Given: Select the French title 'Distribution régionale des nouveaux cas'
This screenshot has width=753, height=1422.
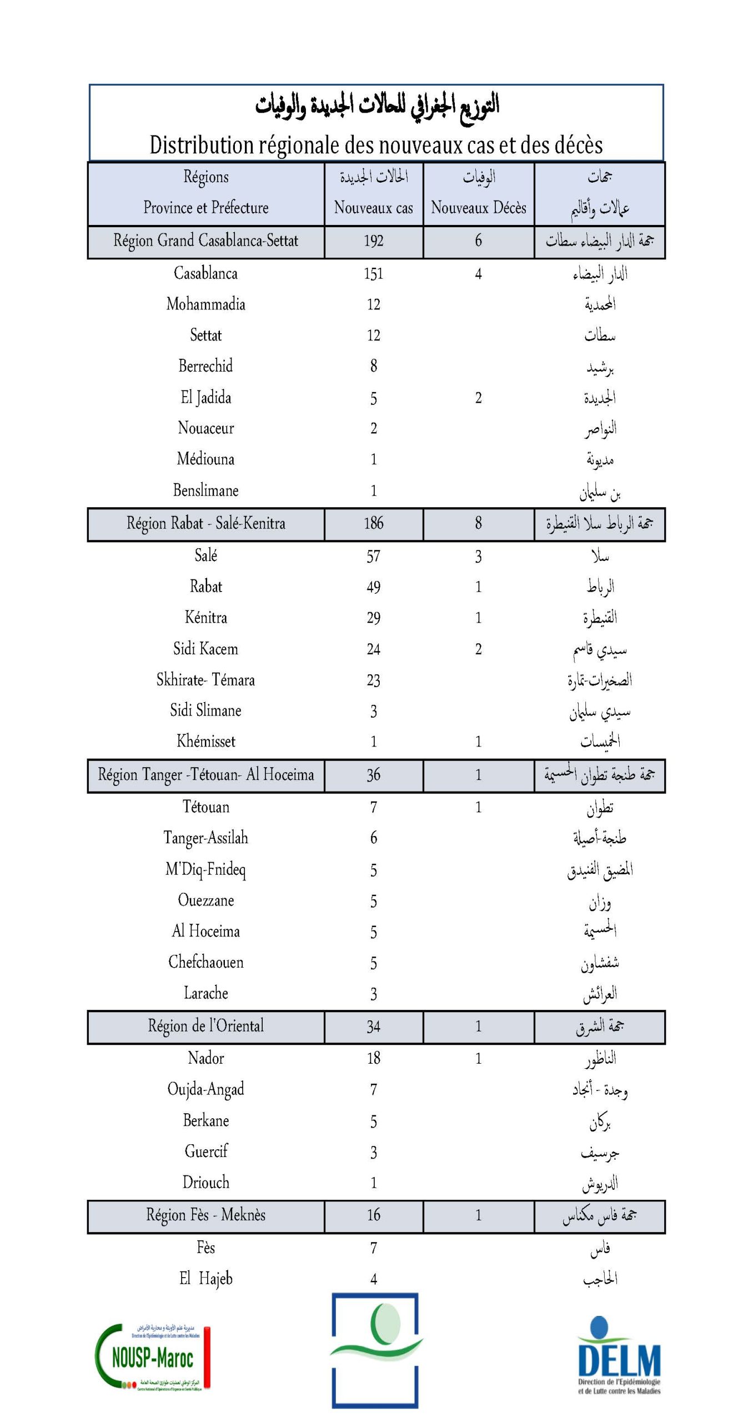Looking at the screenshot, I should click(376, 145).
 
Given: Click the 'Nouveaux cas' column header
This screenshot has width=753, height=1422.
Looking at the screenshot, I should click(373, 208).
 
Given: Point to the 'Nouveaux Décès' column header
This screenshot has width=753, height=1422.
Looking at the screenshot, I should click(478, 208).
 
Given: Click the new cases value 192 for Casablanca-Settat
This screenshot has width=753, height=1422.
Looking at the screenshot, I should click(373, 241).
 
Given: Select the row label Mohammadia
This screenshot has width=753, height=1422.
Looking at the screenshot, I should click(205, 304).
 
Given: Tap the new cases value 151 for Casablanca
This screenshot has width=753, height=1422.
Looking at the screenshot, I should click(373, 274).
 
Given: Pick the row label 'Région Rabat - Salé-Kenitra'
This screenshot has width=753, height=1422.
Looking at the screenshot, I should click(205, 524).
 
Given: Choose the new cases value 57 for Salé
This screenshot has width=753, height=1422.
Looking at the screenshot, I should click(373, 557).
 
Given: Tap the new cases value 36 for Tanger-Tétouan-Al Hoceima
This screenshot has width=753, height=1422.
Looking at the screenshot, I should click(373, 775).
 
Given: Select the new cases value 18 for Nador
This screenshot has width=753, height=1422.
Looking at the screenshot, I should click(373, 1059).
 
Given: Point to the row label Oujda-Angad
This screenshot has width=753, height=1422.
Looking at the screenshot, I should click(205, 1090).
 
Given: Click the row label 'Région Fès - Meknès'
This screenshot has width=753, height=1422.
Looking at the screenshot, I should click(205, 1215).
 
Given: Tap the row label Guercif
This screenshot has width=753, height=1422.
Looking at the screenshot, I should click(205, 1152).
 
